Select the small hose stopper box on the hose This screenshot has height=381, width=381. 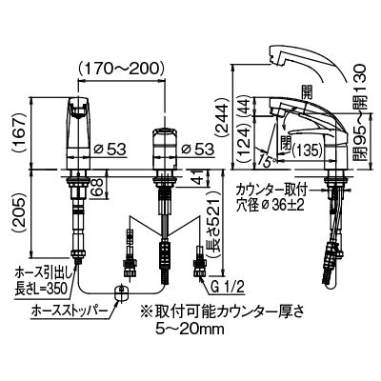coord(120,292)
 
